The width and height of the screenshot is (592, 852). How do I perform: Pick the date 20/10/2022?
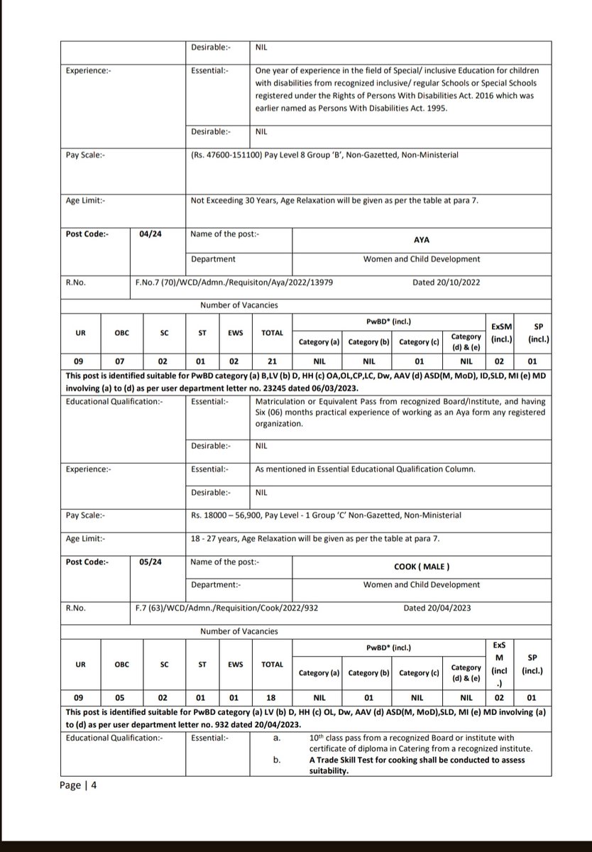[446, 282]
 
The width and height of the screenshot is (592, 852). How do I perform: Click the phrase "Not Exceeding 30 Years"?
[238, 200]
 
